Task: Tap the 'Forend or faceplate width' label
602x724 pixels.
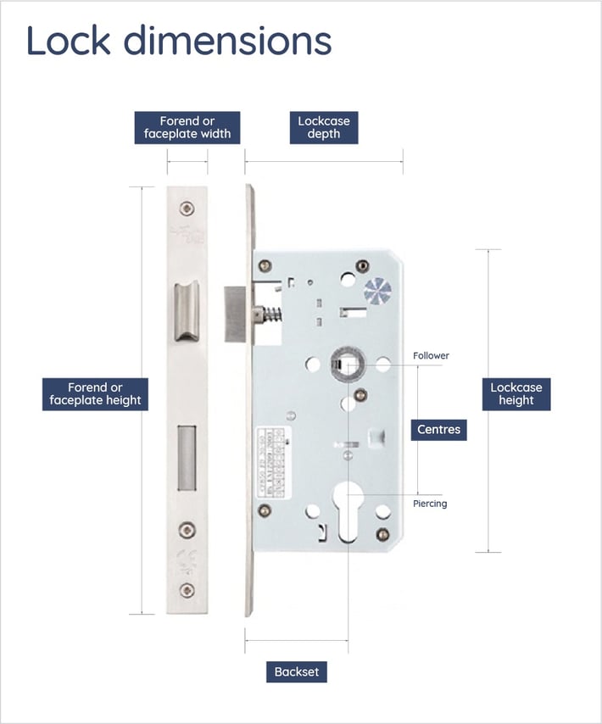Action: coord(187,127)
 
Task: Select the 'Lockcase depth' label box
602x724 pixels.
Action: coord(323,127)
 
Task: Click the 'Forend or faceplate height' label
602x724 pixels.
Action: coord(95,394)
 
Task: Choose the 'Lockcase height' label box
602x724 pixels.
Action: coord(516,394)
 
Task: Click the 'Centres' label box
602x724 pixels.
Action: coord(438,430)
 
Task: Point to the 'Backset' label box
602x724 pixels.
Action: coord(296,671)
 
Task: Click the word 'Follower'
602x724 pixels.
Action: coord(431,356)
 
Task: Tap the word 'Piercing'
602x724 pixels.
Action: coord(430,504)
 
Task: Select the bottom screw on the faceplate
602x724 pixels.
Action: coord(187,591)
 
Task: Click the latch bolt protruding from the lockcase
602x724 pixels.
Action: coord(236,314)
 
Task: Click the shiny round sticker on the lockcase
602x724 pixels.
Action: coord(377,291)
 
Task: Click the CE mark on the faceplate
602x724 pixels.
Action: coord(187,560)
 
